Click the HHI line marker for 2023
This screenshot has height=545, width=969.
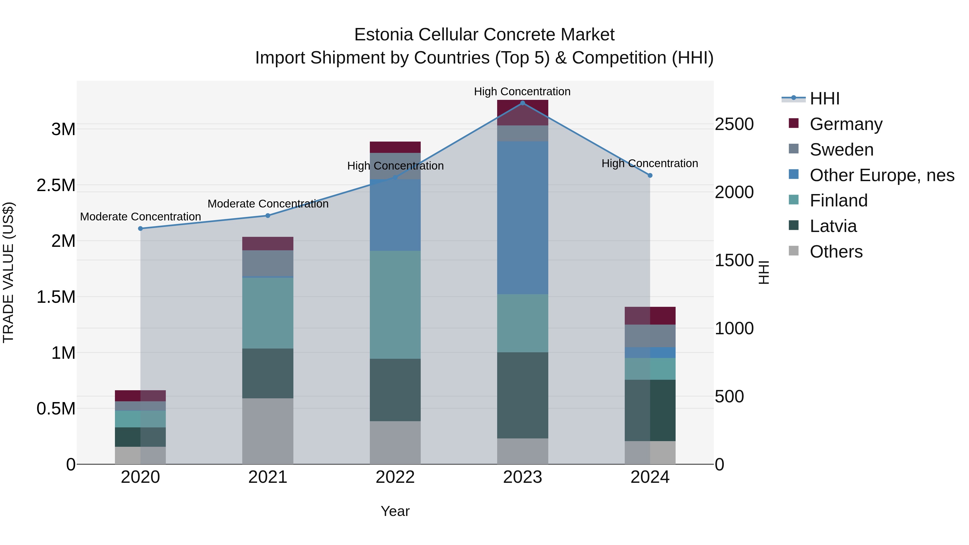click(522, 103)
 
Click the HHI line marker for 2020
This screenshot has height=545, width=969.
click(140, 228)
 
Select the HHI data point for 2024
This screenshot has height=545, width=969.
click(650, 175)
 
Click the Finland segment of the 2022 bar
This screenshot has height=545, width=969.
click(395, 305)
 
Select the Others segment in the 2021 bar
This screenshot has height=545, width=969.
click(268, 431)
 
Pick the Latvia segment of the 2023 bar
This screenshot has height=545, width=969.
click(522, 395)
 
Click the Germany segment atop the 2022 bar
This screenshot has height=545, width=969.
click(395, 147)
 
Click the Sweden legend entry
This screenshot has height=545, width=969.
click(841, 150)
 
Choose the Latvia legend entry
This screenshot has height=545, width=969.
click(833, 226)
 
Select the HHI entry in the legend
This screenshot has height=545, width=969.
click(824, 99)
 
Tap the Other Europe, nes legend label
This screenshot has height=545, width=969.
click(882, 175)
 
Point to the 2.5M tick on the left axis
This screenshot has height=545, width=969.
click(56, 185)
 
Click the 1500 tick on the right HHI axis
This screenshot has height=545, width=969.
click(734, 260)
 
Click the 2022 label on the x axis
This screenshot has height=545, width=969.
click(395, 477)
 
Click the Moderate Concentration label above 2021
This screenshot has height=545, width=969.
click(268, 204)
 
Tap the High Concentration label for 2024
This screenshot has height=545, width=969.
click(650, 164)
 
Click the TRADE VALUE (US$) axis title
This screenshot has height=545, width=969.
click(8, 272)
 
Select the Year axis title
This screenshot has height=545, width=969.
click(395, 511)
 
